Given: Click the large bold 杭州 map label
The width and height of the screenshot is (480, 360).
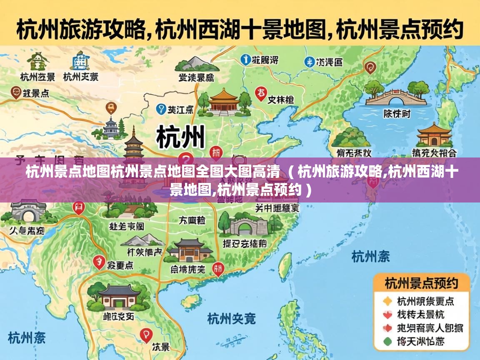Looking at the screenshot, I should (x=181, y=137).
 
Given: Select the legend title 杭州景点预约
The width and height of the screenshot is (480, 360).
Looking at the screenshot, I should (x=421, y=284).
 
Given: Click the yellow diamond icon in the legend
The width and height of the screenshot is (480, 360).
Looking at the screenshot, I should (x=387, y=301).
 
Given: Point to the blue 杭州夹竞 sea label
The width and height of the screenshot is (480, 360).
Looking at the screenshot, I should (x=231, y=319).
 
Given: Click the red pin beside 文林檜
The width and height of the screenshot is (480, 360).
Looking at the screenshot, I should (x=261, y=93).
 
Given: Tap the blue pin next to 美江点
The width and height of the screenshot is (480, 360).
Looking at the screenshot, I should (x=160, y=110).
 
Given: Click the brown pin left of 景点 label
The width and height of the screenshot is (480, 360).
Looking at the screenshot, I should (x=16, y=92).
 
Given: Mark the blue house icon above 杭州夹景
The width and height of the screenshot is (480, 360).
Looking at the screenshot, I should (x=80, y=61).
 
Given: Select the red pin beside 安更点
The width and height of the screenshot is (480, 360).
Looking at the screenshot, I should (x=99, y=262).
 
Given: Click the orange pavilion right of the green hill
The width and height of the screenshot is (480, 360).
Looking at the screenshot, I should (x=434, y=135).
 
